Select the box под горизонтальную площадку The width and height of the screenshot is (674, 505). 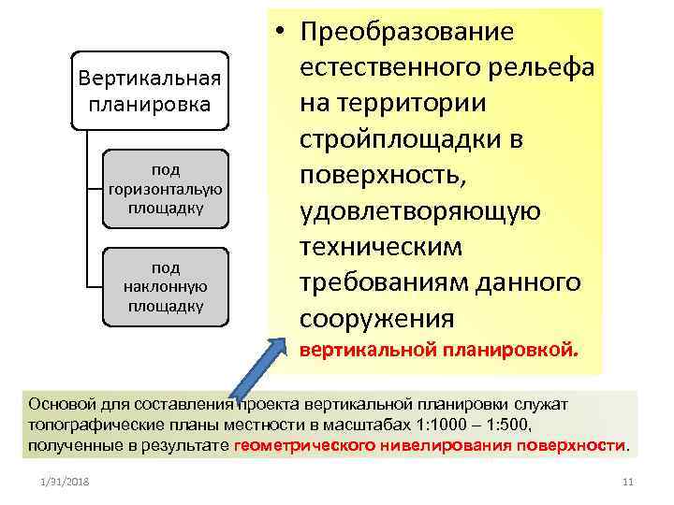click(x=166, y=188)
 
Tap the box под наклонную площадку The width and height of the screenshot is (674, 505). click(x=166, y=286)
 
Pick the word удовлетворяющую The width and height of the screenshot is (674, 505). click(x=420, y=211)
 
